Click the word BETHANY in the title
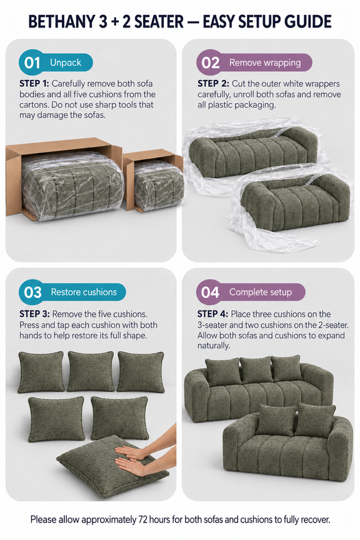[59, 22]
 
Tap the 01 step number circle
[32, 62]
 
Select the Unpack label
[66, 62]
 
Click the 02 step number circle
[210, 62]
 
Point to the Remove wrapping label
[265, 62]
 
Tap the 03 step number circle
[32, 292]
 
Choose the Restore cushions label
[84, 292]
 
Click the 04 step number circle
[210, 292]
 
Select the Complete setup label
[261, 292]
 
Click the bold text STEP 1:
[34, 84]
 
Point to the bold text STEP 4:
[212, 314]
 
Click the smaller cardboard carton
[153, 180]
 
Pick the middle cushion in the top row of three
[91, 371]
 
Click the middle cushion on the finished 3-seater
[256, 370]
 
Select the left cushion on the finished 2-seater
[277, 420]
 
